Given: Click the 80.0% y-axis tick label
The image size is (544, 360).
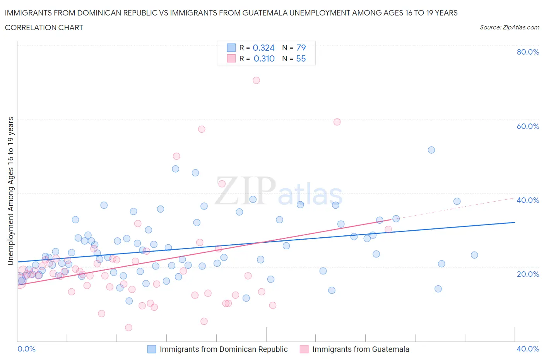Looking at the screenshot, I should (x=528, y=52).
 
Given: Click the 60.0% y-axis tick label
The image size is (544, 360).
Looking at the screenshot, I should (x=528, y=126).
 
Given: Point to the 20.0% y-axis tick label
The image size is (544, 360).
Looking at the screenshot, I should (x=528, y=274).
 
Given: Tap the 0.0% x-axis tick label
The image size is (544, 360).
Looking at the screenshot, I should (x=27, y=349).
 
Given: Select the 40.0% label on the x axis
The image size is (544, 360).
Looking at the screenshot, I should (x=528, y=349).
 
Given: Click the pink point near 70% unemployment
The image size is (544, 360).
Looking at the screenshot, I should (x=256, y=81).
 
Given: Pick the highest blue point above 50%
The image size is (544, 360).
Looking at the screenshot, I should (x=431, y=150).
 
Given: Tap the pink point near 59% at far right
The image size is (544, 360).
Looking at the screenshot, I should (x=337, y=122).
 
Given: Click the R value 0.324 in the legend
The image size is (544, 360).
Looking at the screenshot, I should (x=263, y=48).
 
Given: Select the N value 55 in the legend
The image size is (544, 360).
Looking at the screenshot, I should (x=301, y=58).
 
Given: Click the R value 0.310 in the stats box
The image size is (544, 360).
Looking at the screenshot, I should (x=264, y=58).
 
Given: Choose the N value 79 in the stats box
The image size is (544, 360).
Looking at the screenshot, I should (x=301, y=48).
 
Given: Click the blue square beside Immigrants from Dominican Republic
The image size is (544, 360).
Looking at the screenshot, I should (x=152, y=349).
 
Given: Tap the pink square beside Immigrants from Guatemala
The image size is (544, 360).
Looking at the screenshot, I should (x=304, y=349).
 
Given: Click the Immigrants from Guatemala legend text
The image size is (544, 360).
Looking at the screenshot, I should (x=361, y=349).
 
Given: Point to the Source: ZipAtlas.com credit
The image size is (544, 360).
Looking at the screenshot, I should (x=509, y=27).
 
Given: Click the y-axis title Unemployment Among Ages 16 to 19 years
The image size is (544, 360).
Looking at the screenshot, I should (x=11, y=191).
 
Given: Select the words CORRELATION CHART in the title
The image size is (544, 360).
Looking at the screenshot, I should (x=44, y=27).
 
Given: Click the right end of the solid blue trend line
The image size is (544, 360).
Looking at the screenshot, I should (x=514, y=223).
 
